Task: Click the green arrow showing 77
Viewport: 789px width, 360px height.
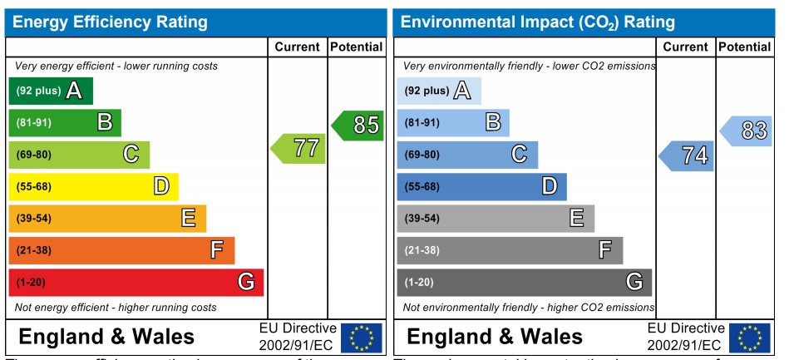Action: [297, 149]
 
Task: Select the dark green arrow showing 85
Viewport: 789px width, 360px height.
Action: [358, 126]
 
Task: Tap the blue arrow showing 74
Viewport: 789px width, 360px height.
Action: [687, 155]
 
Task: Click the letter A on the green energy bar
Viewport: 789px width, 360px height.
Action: [74, 91]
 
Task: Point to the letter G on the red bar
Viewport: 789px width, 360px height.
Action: [246, 282]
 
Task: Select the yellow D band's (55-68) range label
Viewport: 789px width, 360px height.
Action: [33, 186]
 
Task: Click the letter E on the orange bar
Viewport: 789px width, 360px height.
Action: [189, 218]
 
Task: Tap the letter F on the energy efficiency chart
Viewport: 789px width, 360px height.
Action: [217, 249]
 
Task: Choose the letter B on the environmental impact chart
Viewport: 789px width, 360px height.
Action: [492, 123]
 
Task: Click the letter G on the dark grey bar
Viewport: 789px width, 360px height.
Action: [634, 282]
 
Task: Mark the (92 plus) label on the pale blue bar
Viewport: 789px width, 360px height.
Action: [427, 91]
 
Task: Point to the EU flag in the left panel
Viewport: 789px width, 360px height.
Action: [362, 338]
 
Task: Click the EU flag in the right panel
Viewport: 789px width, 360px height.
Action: [749, 338]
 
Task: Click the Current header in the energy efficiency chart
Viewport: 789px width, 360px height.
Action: [298, 47]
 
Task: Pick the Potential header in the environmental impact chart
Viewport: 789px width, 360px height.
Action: [744, 47]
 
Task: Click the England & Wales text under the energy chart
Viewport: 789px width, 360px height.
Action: [106, 337]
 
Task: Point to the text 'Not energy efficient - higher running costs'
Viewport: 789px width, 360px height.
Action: [116, 308]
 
